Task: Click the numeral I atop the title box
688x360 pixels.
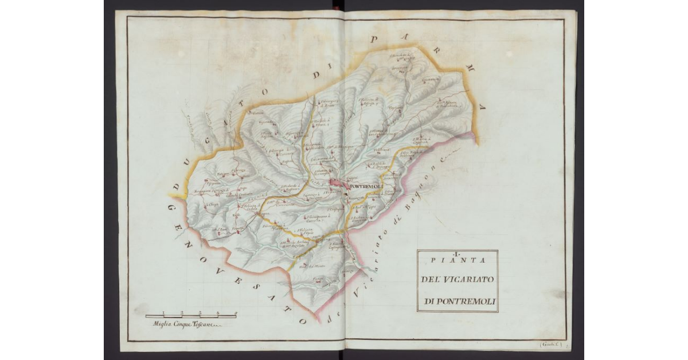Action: pyautogui.click(x=457, y=254)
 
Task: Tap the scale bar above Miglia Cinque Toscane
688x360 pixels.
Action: pyautogui.click(x=191, y=315)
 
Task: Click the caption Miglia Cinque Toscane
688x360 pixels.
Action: pyautogui.click(x=182, y=324)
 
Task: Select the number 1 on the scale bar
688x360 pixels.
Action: pyautogui.click(x=164, y=312)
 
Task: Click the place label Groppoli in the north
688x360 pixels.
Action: pyautogui.click(x=399, y=68)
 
